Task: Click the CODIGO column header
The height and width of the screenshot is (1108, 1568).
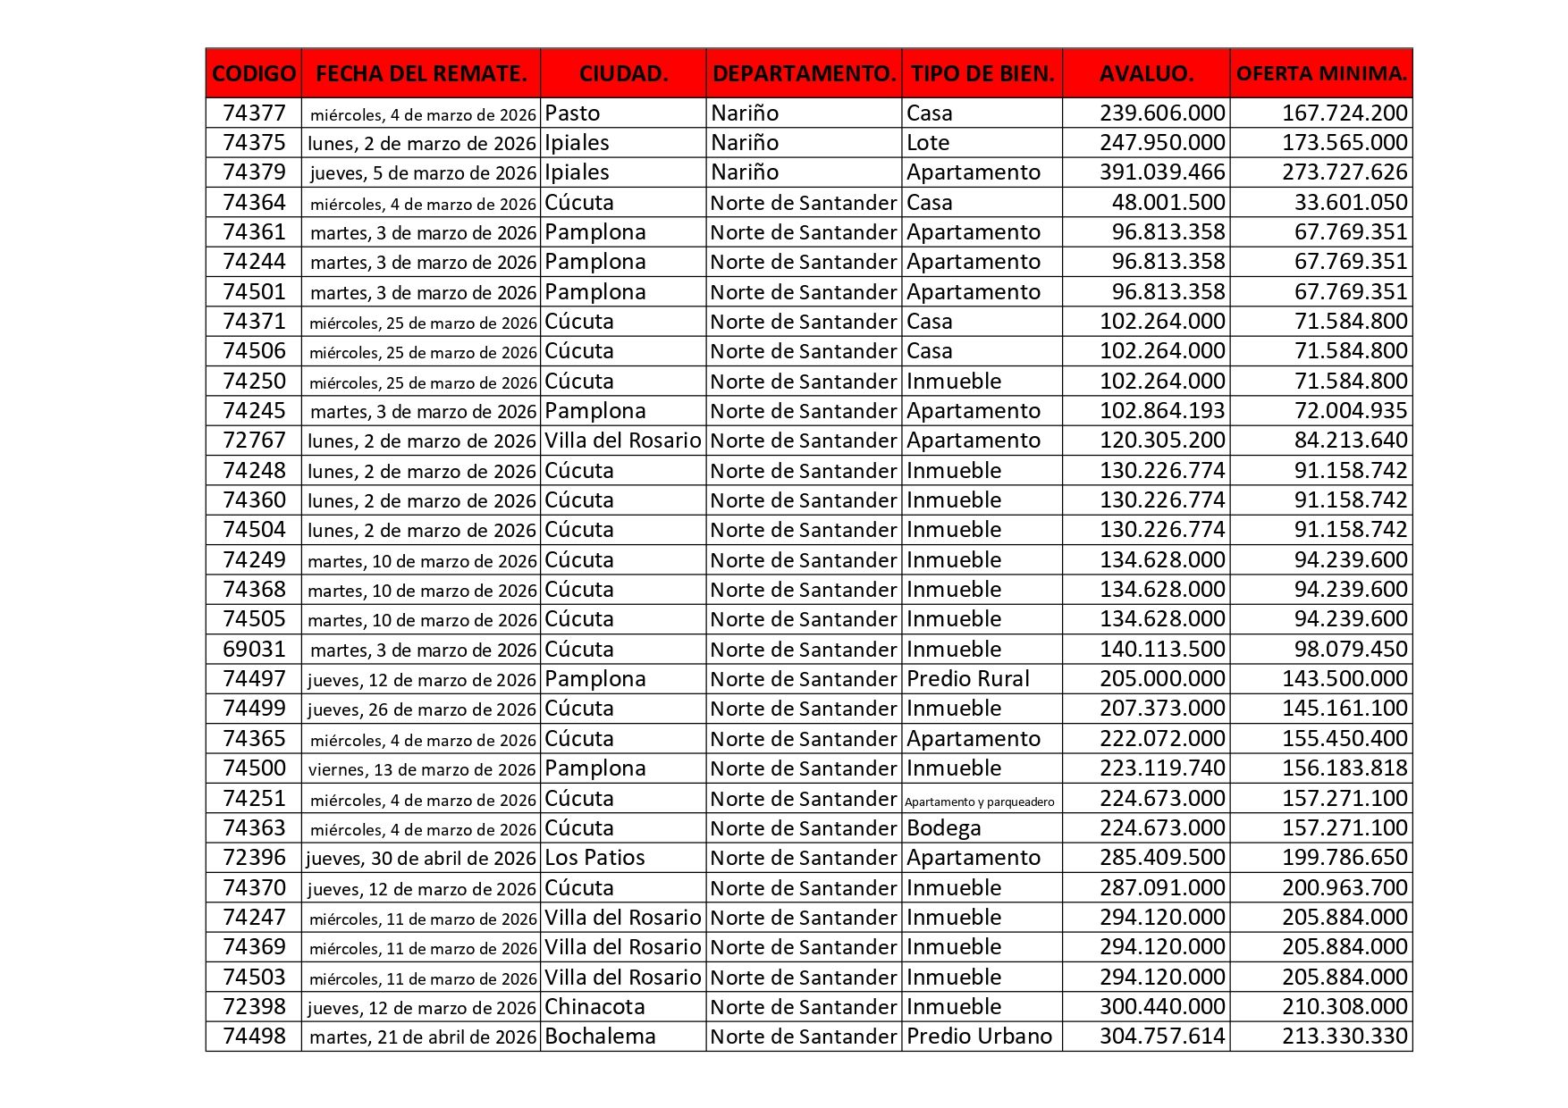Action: point(254,73)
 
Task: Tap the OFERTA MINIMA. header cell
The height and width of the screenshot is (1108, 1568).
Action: point(1321,73)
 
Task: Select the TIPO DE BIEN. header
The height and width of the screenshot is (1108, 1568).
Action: point(982,73)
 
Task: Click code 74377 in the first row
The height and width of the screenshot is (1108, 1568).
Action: point(254,113)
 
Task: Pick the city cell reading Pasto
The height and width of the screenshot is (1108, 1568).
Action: point(573,113)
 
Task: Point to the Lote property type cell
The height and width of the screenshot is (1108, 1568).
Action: point(928,143)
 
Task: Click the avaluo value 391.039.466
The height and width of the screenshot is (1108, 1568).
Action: point(1162,172)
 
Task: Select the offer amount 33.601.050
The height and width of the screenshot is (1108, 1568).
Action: point(1351,203)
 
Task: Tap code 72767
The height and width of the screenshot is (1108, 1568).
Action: point(254,441)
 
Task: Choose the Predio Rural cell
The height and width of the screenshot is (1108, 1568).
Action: point(968,679)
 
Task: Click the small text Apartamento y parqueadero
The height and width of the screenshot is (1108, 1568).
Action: point(980,802)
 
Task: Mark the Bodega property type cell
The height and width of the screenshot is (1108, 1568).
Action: point(944,828)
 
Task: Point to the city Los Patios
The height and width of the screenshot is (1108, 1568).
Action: point(594,858)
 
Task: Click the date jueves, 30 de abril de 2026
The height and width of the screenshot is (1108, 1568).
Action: point(421,859)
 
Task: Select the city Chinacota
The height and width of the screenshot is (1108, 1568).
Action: point(594,1007)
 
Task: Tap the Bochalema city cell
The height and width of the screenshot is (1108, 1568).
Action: point(600,1037)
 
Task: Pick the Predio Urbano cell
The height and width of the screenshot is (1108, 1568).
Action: point(980,1037)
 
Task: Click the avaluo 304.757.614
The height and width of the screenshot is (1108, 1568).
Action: point(1162,1037)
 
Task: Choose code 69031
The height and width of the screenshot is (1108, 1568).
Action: point(254,650)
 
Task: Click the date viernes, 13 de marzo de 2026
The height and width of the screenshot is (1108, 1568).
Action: point(422,769)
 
